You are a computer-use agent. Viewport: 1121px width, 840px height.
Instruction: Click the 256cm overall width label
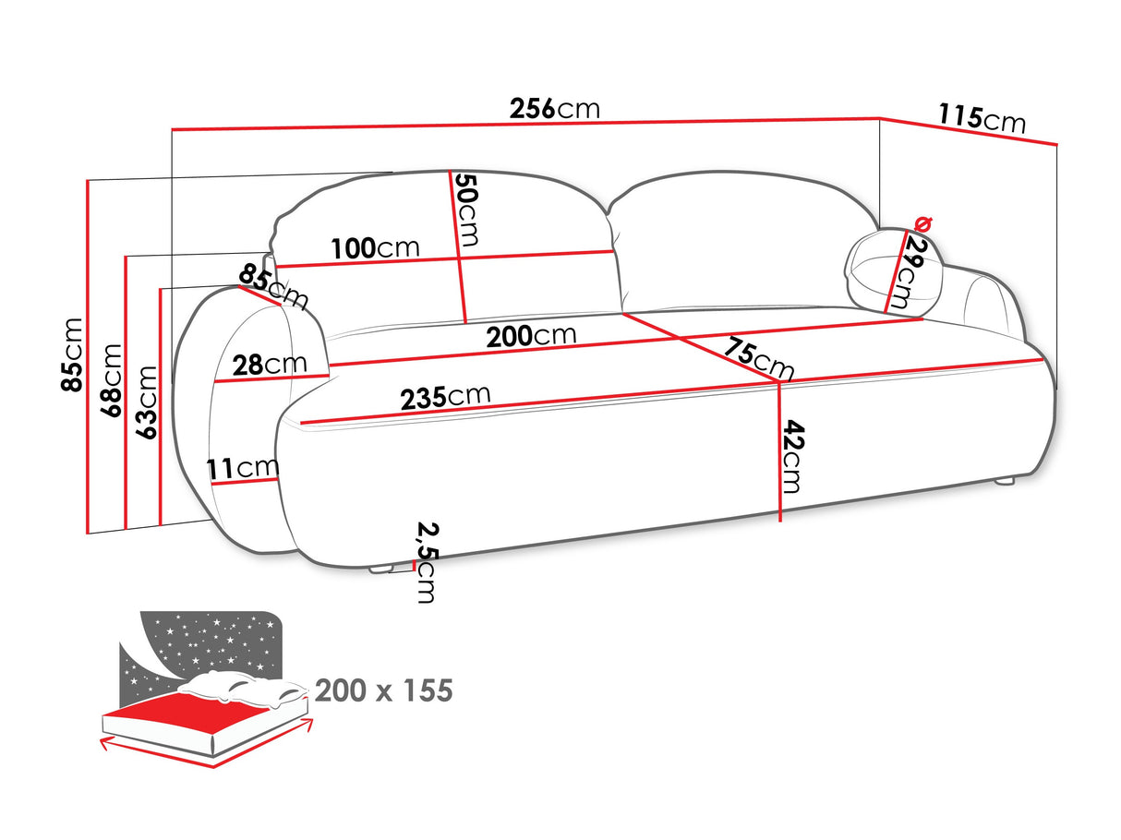[554, 109]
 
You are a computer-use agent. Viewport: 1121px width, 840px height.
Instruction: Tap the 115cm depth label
[982, 118]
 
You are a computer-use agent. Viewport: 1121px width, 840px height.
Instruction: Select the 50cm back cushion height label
[467, 210]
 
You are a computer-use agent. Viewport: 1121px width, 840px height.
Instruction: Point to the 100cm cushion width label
[375, 247]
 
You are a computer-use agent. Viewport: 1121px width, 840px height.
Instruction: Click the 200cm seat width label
[531, 336]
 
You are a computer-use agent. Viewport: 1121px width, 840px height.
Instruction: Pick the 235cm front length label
[445, 397]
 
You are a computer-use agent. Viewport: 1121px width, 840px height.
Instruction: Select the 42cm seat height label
[790, 456]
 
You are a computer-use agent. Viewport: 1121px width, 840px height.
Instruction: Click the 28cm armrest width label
[270, 364]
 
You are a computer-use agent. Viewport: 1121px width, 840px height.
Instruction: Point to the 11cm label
[243, 469]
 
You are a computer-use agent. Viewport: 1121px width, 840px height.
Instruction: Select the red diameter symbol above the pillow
[922, 223]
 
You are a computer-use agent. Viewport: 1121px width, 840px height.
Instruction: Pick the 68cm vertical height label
[111, 380]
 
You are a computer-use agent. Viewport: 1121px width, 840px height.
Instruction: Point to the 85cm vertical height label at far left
[73, 354]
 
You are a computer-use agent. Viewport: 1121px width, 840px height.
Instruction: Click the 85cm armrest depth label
[273, 286]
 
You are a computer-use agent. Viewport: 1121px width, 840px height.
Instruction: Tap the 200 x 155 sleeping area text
[383, 690]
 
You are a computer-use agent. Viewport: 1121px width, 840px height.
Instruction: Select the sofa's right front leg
[1003, 481]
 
